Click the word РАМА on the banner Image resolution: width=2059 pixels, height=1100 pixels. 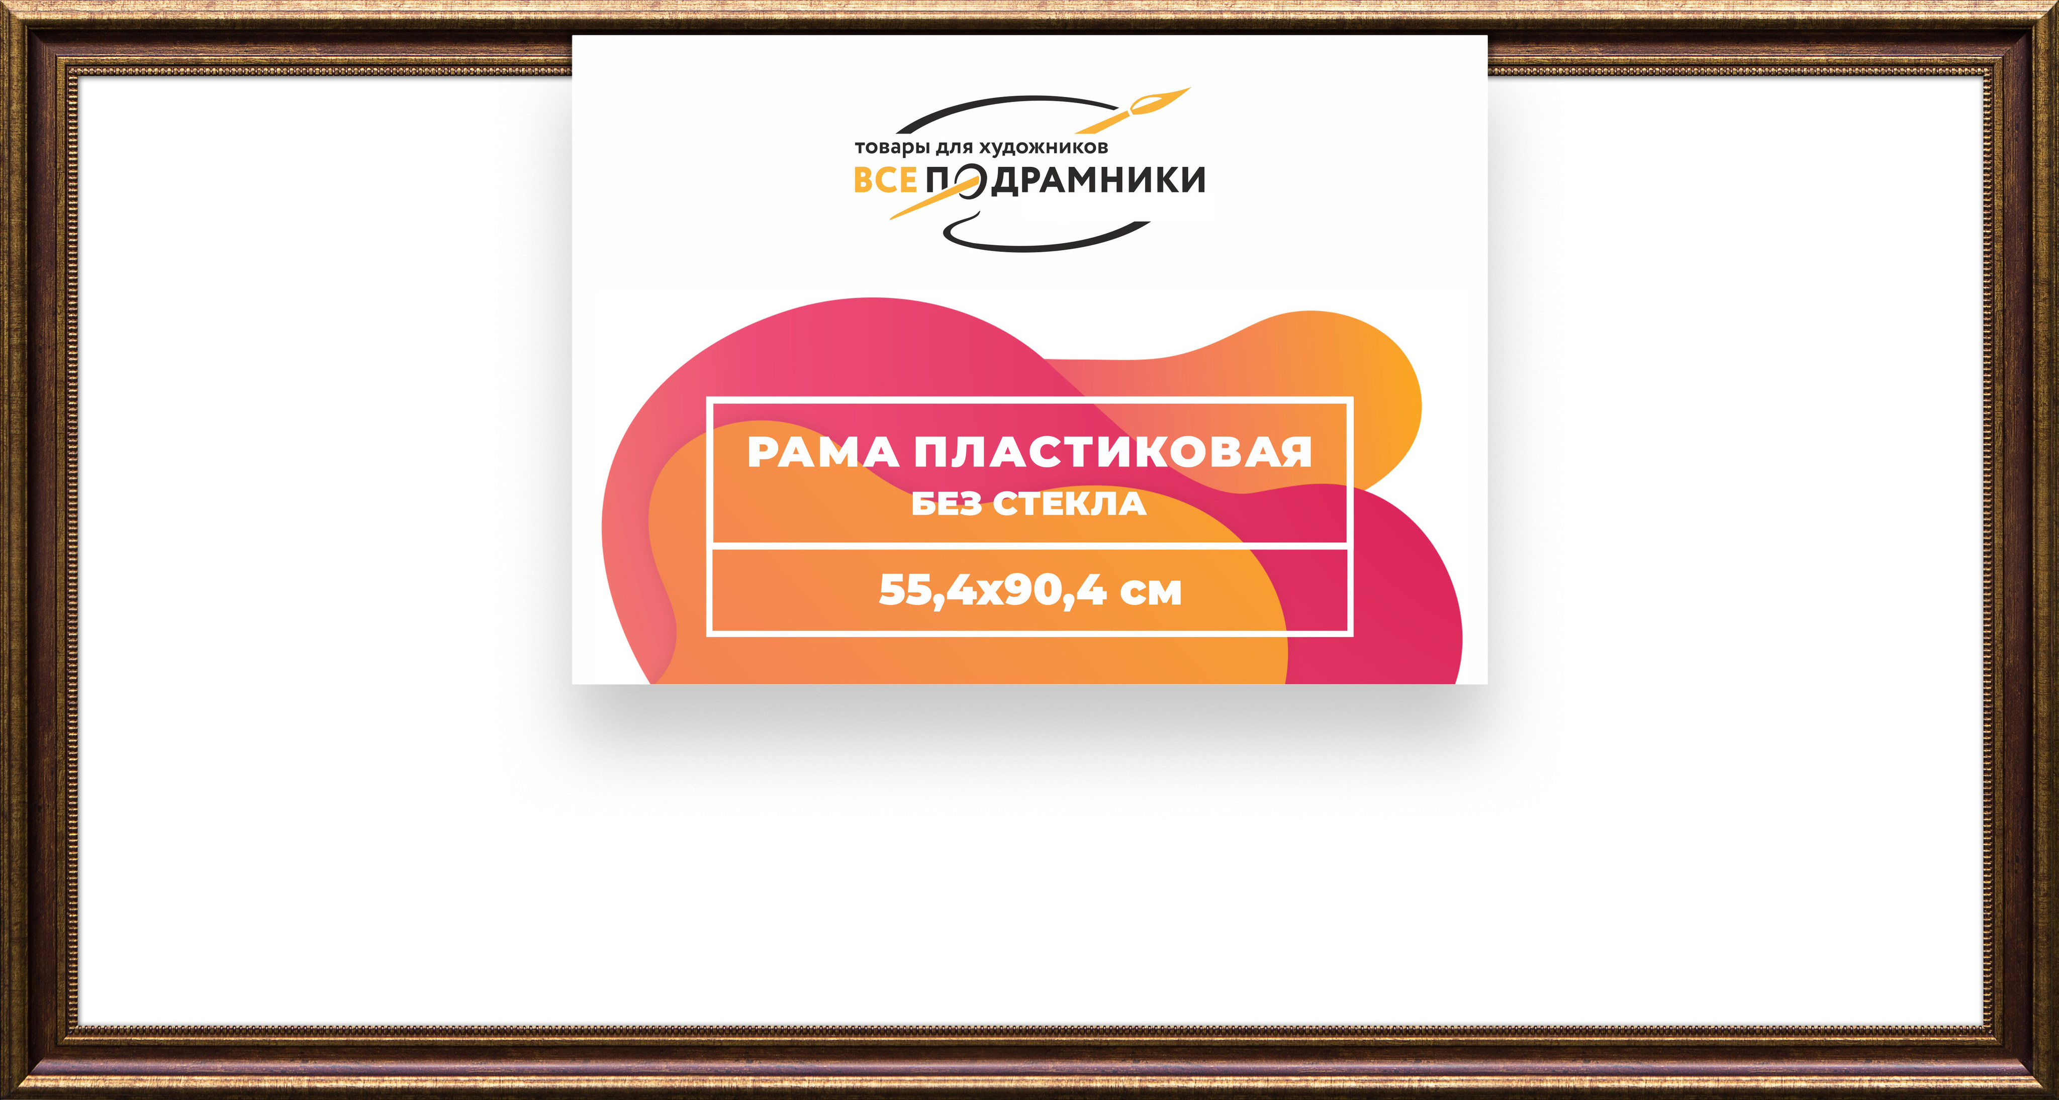click(x=822, y=453)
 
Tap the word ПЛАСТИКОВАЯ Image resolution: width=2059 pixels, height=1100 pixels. click(x=1112, y=453)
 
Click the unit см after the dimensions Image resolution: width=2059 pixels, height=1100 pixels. click(x=1151, y=593)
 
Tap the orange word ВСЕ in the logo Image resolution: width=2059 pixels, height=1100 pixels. click(x=885, y=180)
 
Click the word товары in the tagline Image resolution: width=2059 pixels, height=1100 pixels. click(x=892, y=148)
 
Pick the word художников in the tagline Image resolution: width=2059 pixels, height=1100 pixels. click(x=1044, y=147)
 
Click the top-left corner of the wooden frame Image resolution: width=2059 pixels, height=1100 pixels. click(x=2, y=2)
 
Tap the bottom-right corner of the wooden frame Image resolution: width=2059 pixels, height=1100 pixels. click(x=2056, y=1097)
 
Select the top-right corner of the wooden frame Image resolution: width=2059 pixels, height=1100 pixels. click(x=2056, y=2)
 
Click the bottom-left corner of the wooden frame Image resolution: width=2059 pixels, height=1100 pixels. click(x=2, y=1097)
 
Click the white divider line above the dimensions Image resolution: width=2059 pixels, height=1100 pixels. click(x=1029, y=546)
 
